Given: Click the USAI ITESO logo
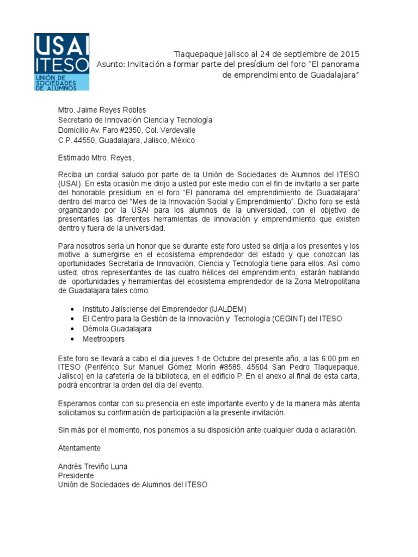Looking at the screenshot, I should [x=62, y=61].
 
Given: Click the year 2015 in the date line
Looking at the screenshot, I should [x=350, y=54].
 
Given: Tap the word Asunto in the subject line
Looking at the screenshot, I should [x=111, y=64].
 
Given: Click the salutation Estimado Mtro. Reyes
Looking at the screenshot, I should [x=95, y=158].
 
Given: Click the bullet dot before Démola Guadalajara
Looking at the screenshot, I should [x=72, y=329].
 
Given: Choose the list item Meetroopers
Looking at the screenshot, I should [x=103, y=339].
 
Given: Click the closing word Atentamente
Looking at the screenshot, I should [x=79, y=448].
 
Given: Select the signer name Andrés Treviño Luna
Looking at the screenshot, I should [x=93, y=466].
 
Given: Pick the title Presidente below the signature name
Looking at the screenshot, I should [x=76, y=475].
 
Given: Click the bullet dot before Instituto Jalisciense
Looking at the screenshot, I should [x=72, y=308].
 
